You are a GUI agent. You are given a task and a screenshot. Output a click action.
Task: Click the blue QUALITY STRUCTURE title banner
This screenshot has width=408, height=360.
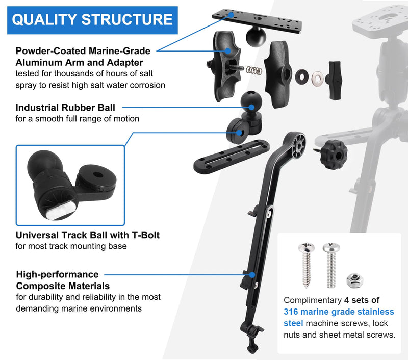92,20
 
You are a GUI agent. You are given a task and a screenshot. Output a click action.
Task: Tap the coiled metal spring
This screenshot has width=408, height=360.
254,70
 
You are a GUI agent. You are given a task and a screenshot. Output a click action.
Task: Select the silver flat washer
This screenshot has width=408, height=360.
318,79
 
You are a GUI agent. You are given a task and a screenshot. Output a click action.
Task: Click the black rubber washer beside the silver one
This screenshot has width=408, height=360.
302,77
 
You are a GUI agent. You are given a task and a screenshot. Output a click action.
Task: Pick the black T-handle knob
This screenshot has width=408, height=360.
334,80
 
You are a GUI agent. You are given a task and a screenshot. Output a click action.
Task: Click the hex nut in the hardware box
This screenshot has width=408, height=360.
355,280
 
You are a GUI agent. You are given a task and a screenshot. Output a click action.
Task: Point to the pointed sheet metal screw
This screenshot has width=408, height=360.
307,265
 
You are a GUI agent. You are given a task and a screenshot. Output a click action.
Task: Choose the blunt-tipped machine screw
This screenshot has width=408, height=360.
331,265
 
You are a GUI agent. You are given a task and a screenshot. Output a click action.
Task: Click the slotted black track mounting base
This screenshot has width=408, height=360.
232,156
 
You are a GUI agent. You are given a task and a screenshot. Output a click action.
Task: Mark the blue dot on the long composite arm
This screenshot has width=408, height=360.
252,275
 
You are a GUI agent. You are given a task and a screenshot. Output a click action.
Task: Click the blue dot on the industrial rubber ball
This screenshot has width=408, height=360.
251,107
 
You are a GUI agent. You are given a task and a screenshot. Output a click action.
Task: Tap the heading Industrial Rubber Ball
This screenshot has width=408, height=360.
65,108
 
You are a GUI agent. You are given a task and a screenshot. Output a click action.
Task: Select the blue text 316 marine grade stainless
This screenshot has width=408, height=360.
339,312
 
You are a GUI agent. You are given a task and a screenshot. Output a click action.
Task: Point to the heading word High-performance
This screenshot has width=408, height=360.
57,274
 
